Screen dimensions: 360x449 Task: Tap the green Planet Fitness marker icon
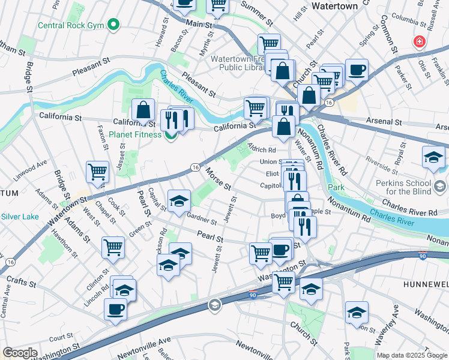[x=170, y=134]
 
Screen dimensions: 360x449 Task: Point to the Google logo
[x=20, y=353]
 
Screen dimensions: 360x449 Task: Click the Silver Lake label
[x=21, y=217]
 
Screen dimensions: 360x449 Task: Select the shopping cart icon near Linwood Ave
[x=97, y=172]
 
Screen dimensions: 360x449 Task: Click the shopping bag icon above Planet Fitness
[x=143, y=110]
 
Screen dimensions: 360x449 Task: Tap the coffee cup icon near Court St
[x=115, y=310]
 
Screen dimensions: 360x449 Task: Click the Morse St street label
[x=218, y=178]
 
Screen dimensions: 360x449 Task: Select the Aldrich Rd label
[x=262, y=150]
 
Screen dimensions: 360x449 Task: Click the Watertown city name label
[x=335, y=6]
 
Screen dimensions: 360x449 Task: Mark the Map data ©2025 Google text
[x=411, y=355]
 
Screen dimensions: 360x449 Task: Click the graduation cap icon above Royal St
[x=433, y=158]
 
